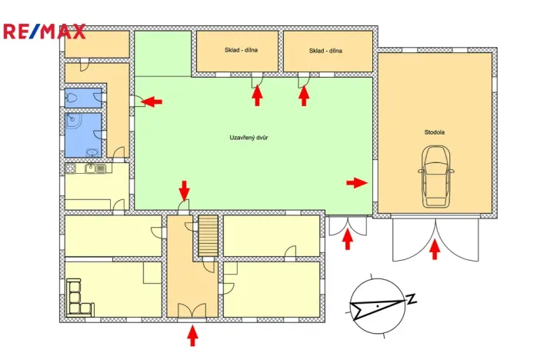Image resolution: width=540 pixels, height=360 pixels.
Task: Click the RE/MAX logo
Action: tap(44, 32)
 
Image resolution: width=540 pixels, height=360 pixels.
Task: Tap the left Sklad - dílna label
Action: tap(240, 51)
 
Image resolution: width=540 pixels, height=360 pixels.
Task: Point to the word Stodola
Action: tap(434, 132)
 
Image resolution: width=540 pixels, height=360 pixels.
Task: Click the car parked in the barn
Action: tap(435, 177)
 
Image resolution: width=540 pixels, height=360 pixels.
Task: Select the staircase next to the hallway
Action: tap(208, 235)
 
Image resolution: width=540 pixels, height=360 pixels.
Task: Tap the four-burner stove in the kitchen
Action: tap(70, 168)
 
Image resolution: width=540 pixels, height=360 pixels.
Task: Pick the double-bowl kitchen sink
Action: tap(95, 168)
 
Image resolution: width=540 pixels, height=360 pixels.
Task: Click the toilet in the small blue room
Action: tap(72, 97)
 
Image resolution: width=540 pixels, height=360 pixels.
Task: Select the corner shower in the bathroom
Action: tap(72, 120)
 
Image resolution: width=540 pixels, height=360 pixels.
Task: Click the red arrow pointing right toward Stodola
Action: tap(356, 182)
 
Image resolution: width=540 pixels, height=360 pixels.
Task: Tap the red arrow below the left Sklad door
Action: tap(258, 95)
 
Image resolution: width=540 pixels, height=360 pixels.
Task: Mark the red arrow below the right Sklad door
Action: tap(304, 95)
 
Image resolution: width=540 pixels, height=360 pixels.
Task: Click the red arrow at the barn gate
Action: tap(435, 249)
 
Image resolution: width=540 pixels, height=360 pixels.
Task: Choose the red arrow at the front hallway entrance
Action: tap(192, 335)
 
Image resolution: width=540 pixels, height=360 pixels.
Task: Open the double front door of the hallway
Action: tap(192, 311)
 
